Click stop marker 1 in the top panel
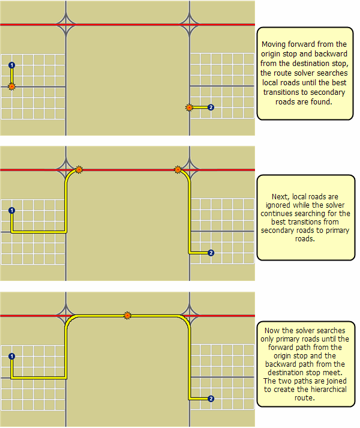(x=11, y=65)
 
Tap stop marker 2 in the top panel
(x=210, y=107)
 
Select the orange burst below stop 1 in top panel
(x=11, y=87)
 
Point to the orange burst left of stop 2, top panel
(x=189, y=107)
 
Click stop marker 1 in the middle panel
(x=11, y=211)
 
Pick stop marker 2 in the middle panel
(x=210, y=253)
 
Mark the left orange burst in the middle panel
(x=79, y=170)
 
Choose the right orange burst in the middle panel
(x=178, y=170)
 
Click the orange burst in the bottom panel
(x=127, y=315)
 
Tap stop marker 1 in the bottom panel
(x=11, y=357)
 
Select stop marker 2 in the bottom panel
(x=210, y=399)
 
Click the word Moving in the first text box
(x=273, y=44)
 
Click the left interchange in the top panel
(x=66, y=25)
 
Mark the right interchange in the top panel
(x=190, y=25)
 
